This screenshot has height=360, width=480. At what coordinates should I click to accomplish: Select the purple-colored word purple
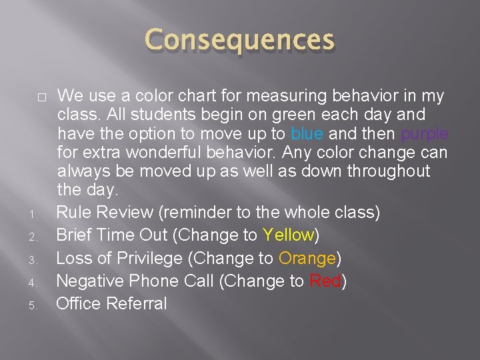pyautogui.click(x=425, y=134)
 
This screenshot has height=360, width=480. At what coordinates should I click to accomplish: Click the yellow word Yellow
pyautogui.click(x=288, y=235)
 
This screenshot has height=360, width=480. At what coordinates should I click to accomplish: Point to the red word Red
pyautogui.click(x=325, y=281)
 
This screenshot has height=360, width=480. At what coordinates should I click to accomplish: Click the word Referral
pyautogui.click(x=139, y=303)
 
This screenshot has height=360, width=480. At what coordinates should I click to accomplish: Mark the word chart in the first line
pyautogui.click(x=199, y=95)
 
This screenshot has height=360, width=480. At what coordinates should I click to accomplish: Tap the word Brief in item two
pyautogui.click(x=75, y=235)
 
